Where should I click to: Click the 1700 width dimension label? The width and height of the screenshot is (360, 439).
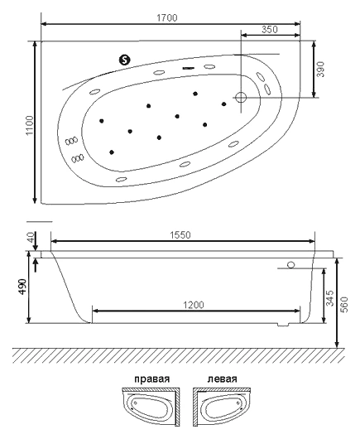[167, 18]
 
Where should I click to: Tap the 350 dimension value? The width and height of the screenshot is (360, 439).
[270, 29]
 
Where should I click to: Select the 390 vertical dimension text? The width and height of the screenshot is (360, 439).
[321, 69]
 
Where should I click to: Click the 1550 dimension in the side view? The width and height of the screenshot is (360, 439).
[180, 235]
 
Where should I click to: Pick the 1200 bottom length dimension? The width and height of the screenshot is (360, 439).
[194, 305]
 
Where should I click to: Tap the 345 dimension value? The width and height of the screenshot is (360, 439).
[330, 298]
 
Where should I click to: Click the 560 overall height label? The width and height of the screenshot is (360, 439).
[344, 305]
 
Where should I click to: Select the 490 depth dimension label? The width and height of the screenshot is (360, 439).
[22, 286]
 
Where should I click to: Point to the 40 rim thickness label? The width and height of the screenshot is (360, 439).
[31, 237]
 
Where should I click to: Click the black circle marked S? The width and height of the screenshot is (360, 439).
[125, 60]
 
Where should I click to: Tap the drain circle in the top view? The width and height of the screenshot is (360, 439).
[240, 98]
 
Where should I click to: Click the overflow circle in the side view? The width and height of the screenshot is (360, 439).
[291, 264]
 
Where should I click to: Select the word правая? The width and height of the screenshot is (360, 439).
[152, 379]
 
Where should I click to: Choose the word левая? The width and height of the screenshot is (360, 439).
[222, 379]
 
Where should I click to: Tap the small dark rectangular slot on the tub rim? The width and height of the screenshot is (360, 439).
[189, 68]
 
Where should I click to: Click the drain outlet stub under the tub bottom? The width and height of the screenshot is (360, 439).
[282, 325]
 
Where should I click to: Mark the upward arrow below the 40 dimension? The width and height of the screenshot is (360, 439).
[36, 265]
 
